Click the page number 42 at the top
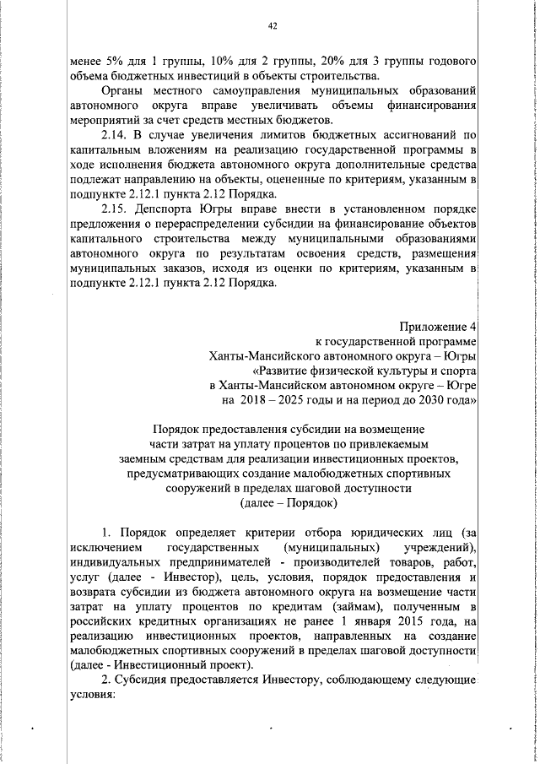pyautogui.click(x=272, y=26)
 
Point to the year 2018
pyautogui.click(x=255, y=401)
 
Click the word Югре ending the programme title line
pyautogui.click(x=460, y=387)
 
